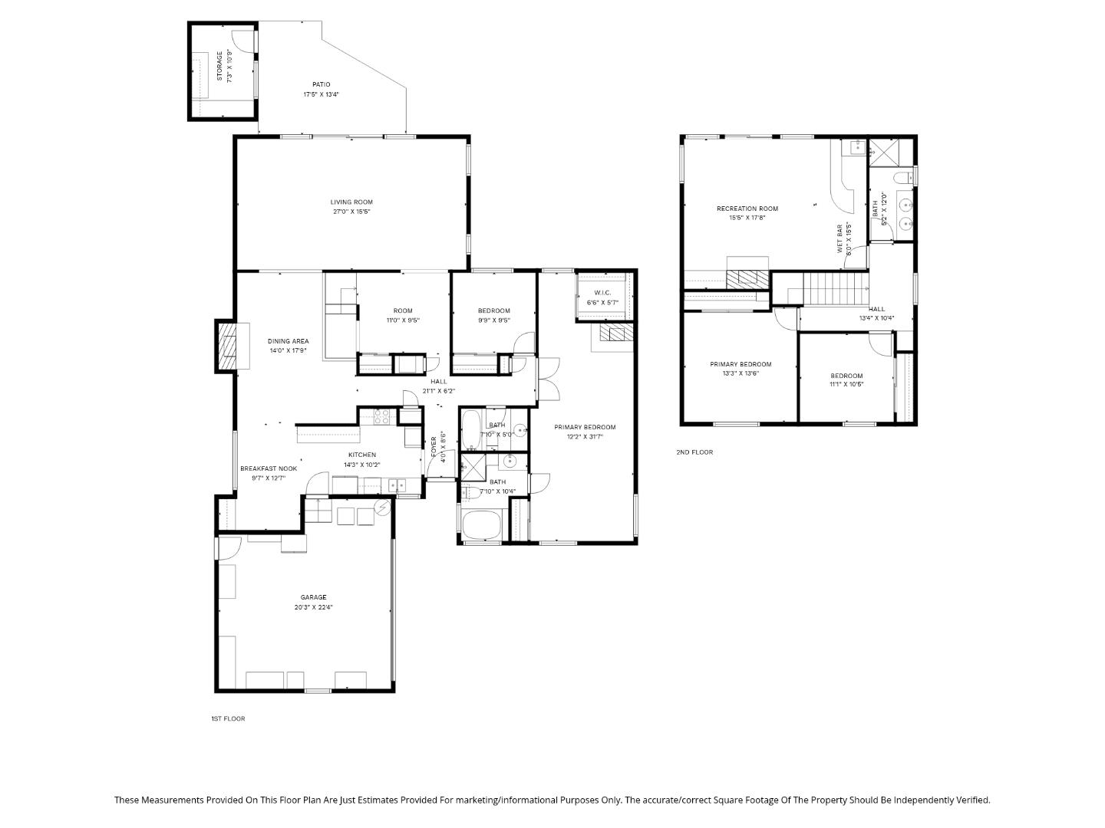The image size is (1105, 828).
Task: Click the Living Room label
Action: point(351,202)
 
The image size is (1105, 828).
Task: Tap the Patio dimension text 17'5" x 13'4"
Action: point(321,95)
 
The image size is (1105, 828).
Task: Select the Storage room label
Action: point(219,67)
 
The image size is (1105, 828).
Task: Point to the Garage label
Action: point(313,597)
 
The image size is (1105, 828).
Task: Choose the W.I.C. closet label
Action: point(602,293)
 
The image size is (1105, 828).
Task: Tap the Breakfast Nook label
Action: point(269,468)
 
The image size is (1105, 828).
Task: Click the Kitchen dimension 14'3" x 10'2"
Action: point(361,465)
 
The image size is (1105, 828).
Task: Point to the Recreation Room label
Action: point(747,209)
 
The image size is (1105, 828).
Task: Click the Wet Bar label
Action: point(839,239)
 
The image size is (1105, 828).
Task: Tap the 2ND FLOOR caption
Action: point(694,452)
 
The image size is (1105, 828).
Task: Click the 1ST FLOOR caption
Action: point(228,718)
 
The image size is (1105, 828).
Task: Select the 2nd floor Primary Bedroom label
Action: point(741,364)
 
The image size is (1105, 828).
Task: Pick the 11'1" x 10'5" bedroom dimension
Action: point(846,385)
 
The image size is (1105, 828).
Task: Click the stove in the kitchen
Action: point(383,416)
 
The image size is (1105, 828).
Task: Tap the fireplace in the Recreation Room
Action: point(747,278)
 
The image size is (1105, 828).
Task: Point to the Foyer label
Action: point(434,448)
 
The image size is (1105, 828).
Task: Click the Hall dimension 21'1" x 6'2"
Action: point(438,391)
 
